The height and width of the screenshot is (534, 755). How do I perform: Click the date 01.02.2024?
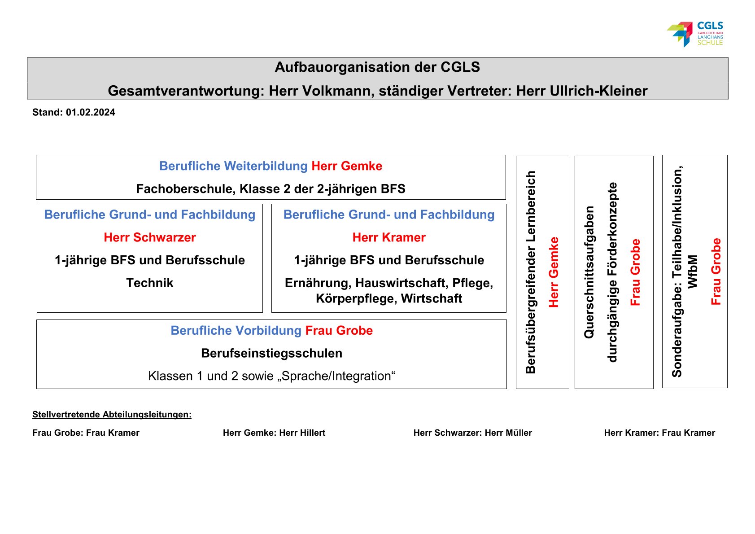[90, 113]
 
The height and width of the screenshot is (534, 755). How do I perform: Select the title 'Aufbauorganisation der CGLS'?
[377, 67]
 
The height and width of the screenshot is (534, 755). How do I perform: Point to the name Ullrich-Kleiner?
[582, 91]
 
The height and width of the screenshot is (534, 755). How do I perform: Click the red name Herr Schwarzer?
[150, 237]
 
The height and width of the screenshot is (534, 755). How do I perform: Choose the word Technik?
[150, 283]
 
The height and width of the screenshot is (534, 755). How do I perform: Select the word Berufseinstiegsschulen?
[271, 353]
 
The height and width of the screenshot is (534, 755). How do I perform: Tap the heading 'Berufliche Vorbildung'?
[236, 331]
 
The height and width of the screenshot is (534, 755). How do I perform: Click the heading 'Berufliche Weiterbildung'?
[233, 166]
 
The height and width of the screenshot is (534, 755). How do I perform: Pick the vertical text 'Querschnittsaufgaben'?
[589, 272]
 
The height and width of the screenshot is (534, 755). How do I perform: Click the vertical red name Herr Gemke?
[554, 272]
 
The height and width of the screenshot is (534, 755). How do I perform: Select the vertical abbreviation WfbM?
[693, 272]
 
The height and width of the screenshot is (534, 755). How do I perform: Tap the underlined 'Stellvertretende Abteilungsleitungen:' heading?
[112, 415]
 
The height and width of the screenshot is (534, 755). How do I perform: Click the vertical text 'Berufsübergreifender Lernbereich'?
[531, 272]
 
